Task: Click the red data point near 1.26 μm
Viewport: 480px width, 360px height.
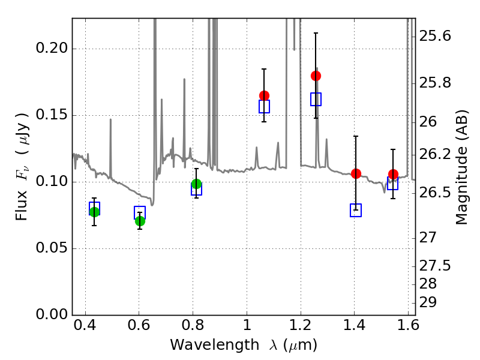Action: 316,76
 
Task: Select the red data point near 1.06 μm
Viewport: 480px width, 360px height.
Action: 264,95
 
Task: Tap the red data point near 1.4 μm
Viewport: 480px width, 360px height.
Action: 356,173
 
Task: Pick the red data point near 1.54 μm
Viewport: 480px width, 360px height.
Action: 393,174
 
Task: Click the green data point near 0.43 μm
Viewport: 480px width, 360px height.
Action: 94,212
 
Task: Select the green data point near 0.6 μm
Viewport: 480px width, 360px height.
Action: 140,221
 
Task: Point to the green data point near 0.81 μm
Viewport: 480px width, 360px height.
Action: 196,184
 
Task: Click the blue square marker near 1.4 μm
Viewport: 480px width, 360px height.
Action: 356,210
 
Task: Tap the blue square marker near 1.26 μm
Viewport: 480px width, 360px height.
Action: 316,99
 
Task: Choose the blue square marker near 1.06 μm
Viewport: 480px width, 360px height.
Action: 264,106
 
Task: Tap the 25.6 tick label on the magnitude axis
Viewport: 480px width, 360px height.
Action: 438,37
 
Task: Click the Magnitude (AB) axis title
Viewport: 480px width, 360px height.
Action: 461,174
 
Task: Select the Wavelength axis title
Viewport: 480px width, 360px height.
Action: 243,345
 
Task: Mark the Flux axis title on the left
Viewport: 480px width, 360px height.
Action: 23,157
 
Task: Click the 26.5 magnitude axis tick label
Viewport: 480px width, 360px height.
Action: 438,193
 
